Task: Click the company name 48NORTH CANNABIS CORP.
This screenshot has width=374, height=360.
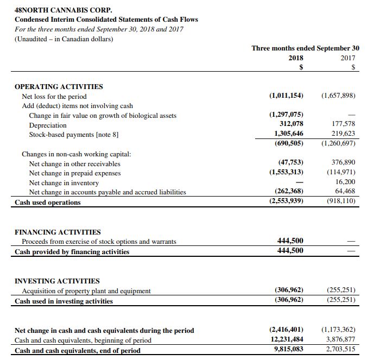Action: tap(64, 10)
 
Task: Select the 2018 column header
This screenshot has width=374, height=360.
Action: tap(295, 58)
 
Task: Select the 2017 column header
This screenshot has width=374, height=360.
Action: tap(348, 58)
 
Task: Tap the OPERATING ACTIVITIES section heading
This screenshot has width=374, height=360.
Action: tap(59, 86)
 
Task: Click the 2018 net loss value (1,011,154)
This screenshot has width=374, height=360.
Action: tap(286, 96)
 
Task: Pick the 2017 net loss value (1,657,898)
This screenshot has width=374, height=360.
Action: tap(338, 96)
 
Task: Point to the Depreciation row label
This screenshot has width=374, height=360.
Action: tap(48, 125)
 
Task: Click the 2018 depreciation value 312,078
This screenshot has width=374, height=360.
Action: tap(291, 124)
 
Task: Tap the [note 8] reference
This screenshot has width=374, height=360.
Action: tap(107, 134)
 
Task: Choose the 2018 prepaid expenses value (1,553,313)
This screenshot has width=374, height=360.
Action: tap(286, 173)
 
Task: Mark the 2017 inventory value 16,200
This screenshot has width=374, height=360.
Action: tap(345, 182)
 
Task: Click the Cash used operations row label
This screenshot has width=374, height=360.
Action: tap(48, 203)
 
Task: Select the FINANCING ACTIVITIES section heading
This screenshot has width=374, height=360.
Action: tap(58, 232)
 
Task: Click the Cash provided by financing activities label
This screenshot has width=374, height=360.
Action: tap(72, 252)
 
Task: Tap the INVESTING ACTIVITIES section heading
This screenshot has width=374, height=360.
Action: tap(57, 281)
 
